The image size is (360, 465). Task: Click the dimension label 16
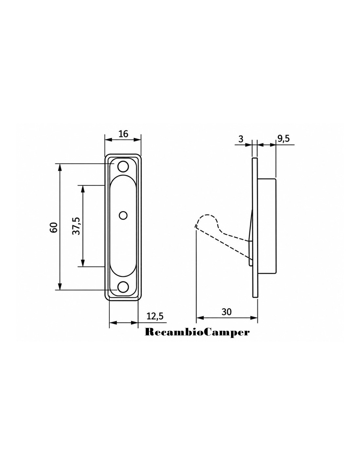click(123, 134)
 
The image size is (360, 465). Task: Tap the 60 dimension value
click(54, 227)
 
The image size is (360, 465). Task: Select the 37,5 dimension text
click(76, 226)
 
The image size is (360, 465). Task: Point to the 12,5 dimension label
click(155, 316)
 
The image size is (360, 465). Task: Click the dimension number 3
click(241, 139)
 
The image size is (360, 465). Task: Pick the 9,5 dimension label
click(283, 139)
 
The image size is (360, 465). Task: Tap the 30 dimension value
click(226, 312)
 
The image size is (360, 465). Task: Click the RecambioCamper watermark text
click(197, 332)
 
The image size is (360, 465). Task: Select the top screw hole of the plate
click(123, 166)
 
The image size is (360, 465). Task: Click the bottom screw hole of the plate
click(123, 287)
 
